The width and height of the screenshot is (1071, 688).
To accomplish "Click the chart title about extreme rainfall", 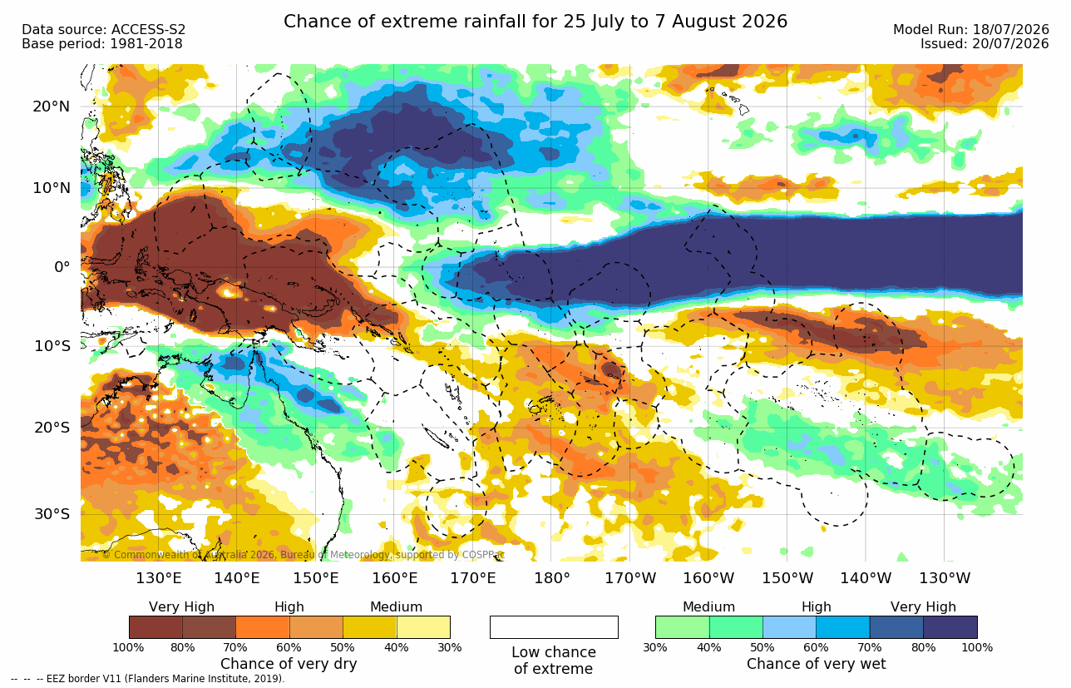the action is pyautogui.click(x=535, y=22).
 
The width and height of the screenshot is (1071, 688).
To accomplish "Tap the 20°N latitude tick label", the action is pyautogui.click(x=52, y=106).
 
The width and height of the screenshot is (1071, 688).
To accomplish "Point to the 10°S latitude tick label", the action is pyautogui.click(x=52, y=345).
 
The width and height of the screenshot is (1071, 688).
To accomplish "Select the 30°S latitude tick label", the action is pyautogui.click(x=52, y=514).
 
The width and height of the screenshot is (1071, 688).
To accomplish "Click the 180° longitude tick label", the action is pyautogui.click(x=552, y=578).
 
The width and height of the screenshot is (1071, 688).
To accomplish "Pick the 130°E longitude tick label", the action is pyautogui.click(x=159, y=578).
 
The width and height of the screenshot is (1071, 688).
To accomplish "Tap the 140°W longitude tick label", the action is pyautogui.click(x=866, y=578).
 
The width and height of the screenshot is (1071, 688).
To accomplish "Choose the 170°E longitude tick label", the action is pyautogui.click(x=473, y=578).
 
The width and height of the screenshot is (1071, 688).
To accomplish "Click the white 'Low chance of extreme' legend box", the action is pyautogui.click(x=554, y=627).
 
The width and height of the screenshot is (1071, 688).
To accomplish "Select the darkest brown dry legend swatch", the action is pyautogui.click(x=155, y=627).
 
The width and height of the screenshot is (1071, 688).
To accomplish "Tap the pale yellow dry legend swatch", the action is pyautogui.click(x=423, y=627).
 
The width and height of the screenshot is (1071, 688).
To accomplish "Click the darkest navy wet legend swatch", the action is pyautogui.click(x=950, y=627).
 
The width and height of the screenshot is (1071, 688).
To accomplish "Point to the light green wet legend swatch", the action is pyautogui.click(x=683, y=627).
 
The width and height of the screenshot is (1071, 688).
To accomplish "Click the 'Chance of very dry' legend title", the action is pyautogui.click(x=289, y=664).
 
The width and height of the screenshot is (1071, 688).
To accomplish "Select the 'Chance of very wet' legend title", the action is pyautogui.click(x=817, y=664).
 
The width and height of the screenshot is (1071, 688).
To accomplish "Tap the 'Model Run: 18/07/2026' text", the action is pyautogui.click(x=970, y=30).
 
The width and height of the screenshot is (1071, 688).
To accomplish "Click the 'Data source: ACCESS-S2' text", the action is pyautogui.click(x=103, y=30).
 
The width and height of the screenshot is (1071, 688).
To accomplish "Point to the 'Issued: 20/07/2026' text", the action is pyautogui.click(x=985, y=44).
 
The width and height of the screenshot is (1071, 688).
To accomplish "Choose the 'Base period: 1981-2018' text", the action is pyautogui.click(x=101, y=44).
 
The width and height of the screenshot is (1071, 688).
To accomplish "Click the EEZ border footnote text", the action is pyautogui.click(x=147, y=679).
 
